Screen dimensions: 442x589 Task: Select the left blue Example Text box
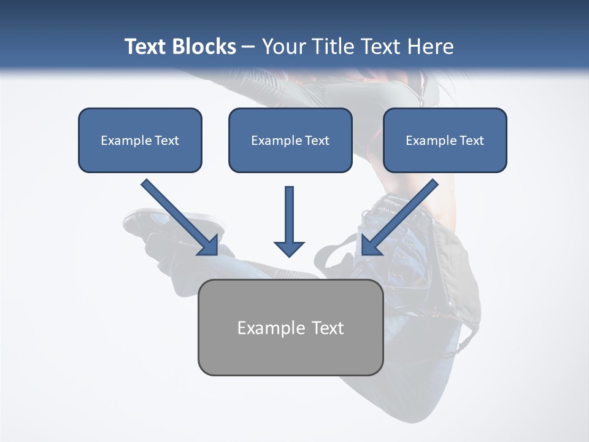[140, 140]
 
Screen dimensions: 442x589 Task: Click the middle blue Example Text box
[290, 140]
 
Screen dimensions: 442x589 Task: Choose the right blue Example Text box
[445, 140]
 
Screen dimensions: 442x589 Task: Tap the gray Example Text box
[290, 327]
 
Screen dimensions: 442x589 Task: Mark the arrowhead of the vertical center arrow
[289, 248]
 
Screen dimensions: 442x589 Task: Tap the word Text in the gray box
[328, 328]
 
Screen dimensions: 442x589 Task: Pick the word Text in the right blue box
[471, 141]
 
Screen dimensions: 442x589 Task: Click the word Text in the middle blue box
[317, 141]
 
